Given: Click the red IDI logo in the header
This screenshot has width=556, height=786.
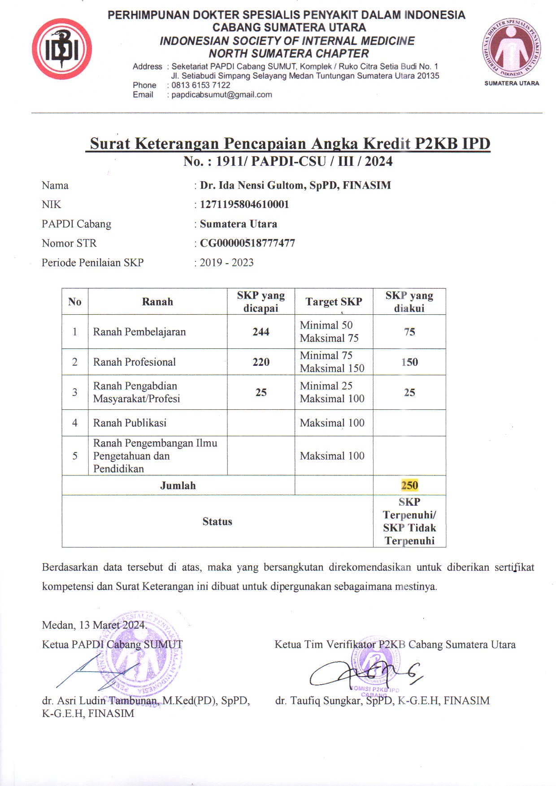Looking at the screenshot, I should pyautogui.click(x=62, y=49).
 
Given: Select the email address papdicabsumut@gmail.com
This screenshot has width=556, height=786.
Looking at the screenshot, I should pyautogui.click(x=222, y=95).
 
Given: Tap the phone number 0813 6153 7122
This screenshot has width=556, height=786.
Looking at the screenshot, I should pyautogui.click(x=200, y=85).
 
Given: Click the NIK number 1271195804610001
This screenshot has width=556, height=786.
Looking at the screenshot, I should pyautogui.click(x=244, y=204).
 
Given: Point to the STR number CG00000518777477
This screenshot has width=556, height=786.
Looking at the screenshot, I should pyautogui.click(x=247, y=243).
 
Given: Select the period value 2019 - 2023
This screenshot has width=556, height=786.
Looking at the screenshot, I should pyautogui.click(x=226, y=262).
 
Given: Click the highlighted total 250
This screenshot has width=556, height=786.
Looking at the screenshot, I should pyautogui.click(x=409, y=485).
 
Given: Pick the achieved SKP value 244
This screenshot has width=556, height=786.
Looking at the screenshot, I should pyautogui.click(x=261, y=332).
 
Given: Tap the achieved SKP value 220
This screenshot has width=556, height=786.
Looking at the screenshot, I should pyautogui.click(x=261, y=362).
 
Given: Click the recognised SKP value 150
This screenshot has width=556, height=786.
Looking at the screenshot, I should pyautogui.click(x=409, y=362).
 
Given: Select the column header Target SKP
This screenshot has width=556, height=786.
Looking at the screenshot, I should pyautogui.click(x=334, y=301).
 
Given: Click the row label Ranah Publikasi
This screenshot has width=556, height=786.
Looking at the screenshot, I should pyautogui.click(x=130, y=423).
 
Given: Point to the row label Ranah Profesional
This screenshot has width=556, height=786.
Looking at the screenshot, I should pyautogui.click(x=134, y=362).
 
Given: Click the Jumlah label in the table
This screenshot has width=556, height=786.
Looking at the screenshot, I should pyautogui.click(x=178, y=485).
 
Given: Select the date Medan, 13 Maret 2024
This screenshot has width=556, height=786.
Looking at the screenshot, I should pyautogui.click(x=94, y=625).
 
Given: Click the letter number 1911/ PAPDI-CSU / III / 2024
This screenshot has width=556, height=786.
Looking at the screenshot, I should pyautogui.click(x=304, y=161).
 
